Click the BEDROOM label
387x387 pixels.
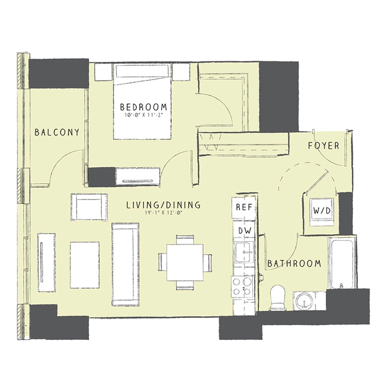[x=143, y=107]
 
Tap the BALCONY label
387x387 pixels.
[x=57, y=132]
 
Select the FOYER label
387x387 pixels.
[x=323, y=146]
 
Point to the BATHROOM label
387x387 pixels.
[x=294, y=263]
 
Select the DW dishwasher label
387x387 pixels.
[x=244, y=230]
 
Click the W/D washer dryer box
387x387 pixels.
[x=320, y=211]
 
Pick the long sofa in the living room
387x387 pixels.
[x=124, y=263]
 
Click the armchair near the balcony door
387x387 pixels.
[x=88, y=207]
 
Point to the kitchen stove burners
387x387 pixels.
[x=243, y=287]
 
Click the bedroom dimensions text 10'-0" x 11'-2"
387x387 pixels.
[x=143, y=115]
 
